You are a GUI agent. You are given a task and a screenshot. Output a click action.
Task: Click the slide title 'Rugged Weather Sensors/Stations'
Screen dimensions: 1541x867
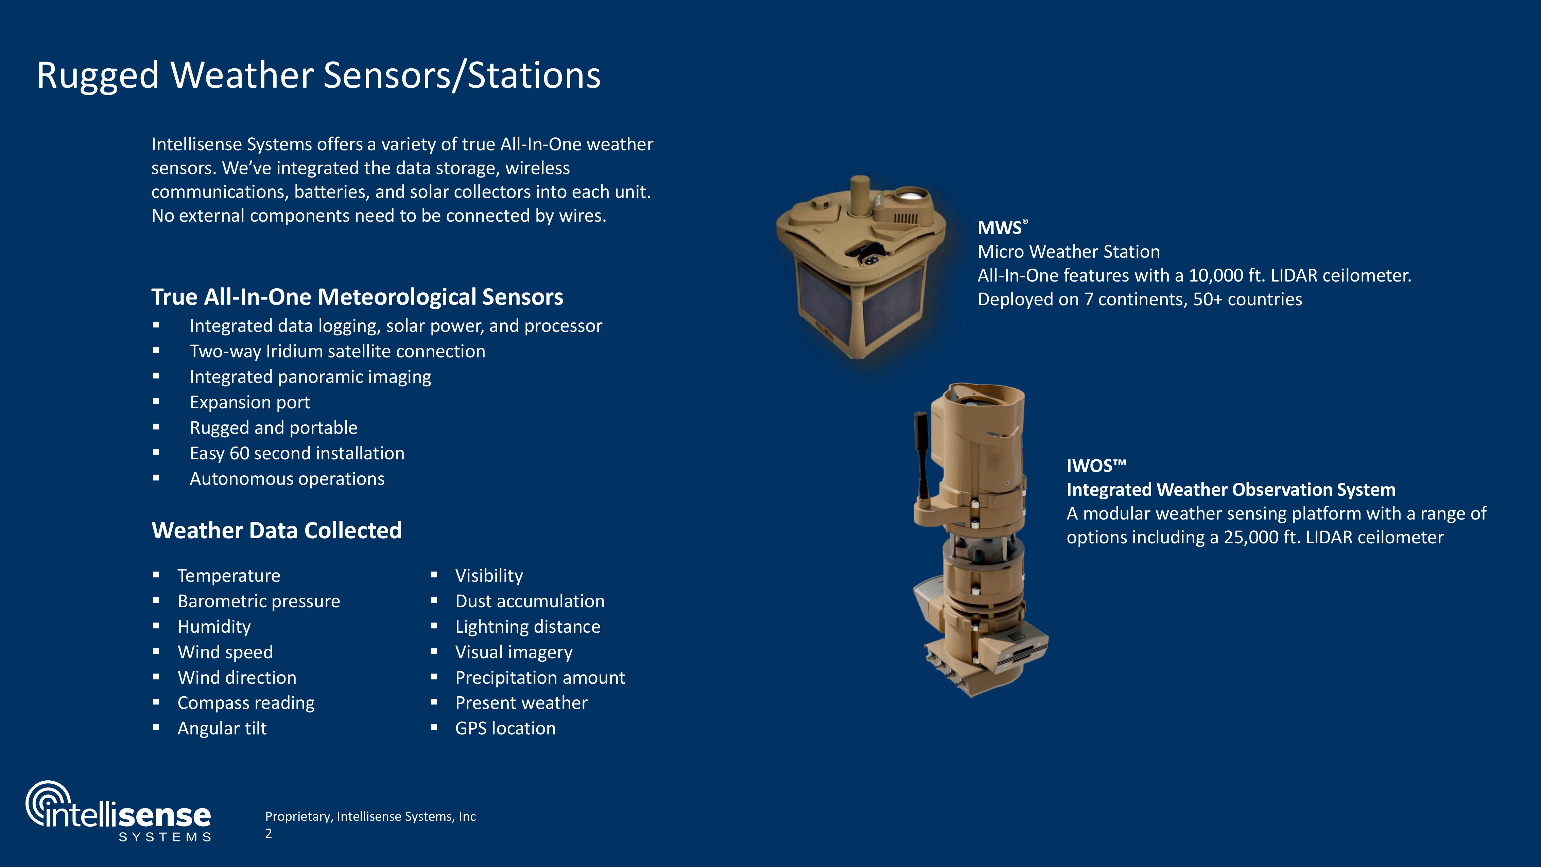pos(319,75)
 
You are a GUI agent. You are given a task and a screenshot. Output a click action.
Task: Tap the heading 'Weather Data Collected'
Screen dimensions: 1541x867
pos(276,530)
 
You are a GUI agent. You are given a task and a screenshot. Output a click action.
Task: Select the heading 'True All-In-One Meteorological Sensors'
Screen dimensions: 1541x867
pos(357,297)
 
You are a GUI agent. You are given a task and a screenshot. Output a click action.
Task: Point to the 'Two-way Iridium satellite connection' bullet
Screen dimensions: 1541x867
pos(337,351)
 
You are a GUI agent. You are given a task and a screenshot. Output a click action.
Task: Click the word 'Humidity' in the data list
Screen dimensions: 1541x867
pos(214,627)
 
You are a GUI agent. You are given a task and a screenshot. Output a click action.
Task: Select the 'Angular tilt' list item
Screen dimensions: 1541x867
pos(222,728)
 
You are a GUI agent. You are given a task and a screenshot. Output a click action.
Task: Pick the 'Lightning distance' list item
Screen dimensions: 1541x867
pos(527,627)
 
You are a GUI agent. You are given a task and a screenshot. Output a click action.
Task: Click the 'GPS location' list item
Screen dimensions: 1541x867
pos(505,728)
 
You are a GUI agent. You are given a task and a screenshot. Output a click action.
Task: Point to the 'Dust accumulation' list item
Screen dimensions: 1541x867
pos(530,601)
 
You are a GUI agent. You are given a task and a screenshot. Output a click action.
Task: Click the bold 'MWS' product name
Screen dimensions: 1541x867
pos(1000,228)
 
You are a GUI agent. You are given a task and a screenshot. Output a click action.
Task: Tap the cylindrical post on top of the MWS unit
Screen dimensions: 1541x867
pos(860,195)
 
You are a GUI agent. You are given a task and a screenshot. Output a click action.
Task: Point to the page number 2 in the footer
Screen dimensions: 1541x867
pos(269,833)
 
